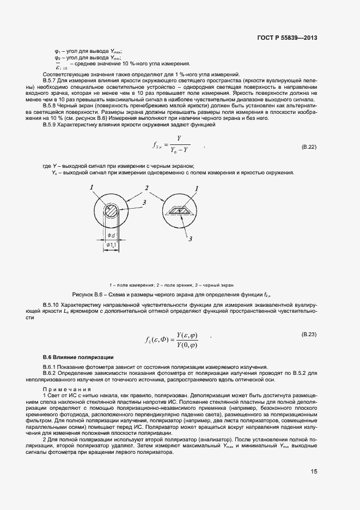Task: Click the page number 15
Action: (x=314, y=471)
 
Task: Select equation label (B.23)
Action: (x=309, y=333)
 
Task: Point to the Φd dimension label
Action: (x=111, y=235)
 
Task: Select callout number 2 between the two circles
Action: (x=146, y=188)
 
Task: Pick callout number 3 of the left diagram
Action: (x=144, y=203)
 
